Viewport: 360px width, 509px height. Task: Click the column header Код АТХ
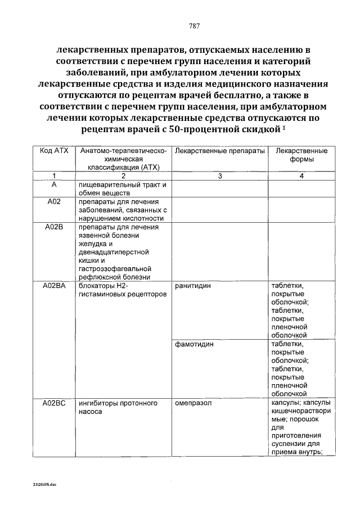point(53,151)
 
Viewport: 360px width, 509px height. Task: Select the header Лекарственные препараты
point(218,151)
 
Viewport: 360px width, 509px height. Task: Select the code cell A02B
point(53,227)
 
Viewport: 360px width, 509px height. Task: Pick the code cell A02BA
point(54,286)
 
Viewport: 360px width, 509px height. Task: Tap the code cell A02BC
point(54,403)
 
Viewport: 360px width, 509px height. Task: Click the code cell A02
point(53,202)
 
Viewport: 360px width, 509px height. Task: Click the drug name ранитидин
point(193,286)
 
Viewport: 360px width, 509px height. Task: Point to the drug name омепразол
point(194,403)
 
